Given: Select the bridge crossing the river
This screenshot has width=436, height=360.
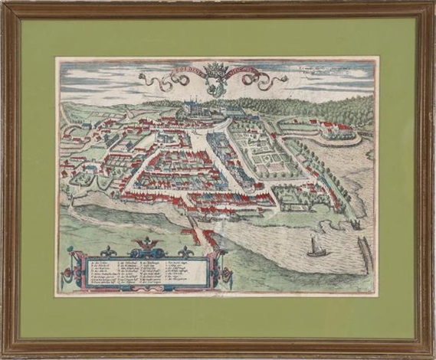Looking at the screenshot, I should (x=191, y=223).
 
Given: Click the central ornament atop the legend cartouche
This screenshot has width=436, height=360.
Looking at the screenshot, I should (x=145, y=245).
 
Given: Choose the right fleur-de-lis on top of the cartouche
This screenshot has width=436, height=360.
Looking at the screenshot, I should (x=184, y=250).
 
